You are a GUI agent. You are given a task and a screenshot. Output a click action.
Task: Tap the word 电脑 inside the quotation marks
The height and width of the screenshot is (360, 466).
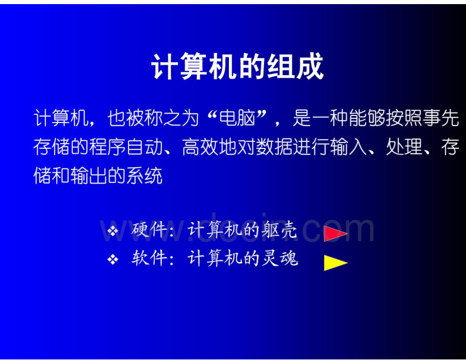[x=237, y=118]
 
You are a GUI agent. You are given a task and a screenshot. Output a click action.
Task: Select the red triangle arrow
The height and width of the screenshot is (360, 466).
[x=336, y=233]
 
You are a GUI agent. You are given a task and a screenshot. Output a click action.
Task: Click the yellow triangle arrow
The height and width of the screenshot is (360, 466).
[x=336, y=263]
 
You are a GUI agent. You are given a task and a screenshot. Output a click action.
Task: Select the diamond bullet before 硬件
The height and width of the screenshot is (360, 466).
[x=113, y=230]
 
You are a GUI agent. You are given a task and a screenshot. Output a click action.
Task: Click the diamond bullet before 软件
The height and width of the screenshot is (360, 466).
[x=113, y=260]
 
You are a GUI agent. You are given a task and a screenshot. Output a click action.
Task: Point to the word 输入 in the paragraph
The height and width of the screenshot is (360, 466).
[x=348, y=147]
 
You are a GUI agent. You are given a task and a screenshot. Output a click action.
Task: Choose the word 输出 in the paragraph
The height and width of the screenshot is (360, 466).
[x=89, y=176]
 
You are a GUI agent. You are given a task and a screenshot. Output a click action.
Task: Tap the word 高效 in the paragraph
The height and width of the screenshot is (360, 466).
[x=200, y=147]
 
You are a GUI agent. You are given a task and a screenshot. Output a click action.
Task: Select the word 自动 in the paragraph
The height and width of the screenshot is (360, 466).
[x=144, y=147]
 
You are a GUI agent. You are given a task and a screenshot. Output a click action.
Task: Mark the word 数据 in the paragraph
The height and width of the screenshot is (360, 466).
[x=274, y=147]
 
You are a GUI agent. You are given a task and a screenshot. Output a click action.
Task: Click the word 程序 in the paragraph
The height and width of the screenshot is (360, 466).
[x=107, y=147]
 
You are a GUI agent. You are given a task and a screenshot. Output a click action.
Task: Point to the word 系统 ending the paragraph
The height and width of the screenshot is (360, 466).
[x=144, y=176]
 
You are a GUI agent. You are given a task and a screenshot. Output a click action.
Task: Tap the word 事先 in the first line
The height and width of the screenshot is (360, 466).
[x=441, y=118]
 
